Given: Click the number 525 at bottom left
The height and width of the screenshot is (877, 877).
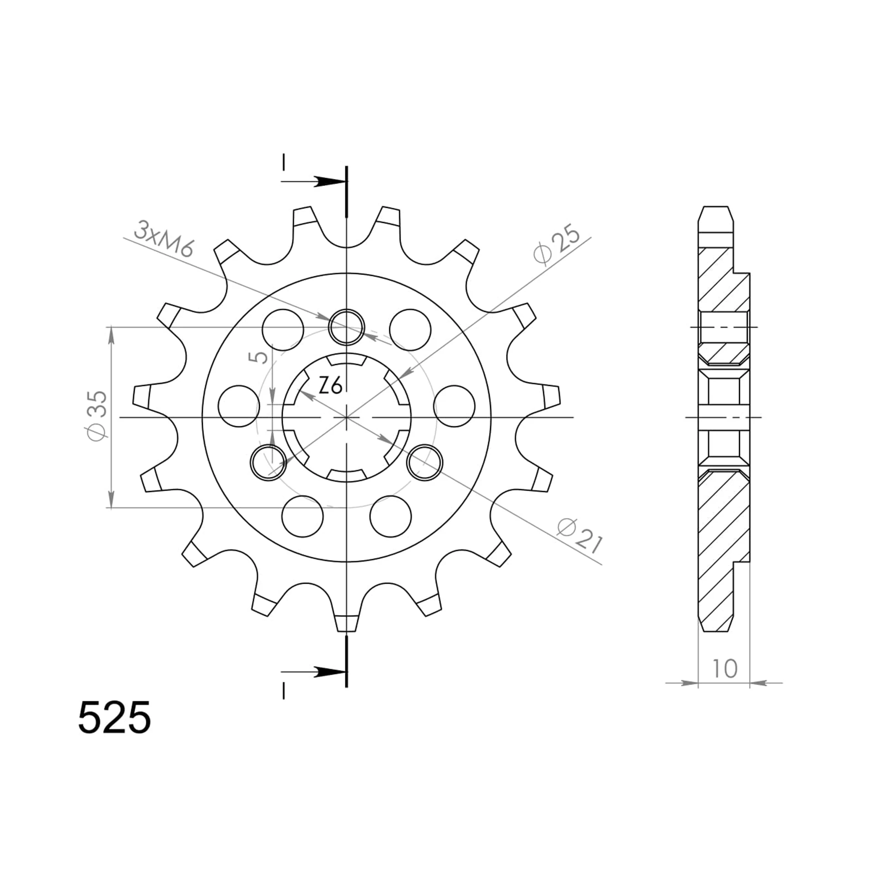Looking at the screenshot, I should pos(114,718).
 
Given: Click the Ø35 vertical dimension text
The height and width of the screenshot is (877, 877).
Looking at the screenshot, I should pos(97,415).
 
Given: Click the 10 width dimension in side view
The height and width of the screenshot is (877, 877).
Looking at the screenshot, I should pos(724,668).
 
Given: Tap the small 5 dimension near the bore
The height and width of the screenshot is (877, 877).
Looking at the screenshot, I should pos(259,357).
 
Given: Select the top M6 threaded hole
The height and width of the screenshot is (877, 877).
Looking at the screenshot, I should pos(347,326).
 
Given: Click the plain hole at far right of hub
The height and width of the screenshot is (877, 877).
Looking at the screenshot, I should pos(454,406).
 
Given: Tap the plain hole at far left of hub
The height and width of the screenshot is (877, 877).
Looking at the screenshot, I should pos(239,406).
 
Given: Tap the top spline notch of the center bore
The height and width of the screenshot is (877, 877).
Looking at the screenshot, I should pos(347,360).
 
